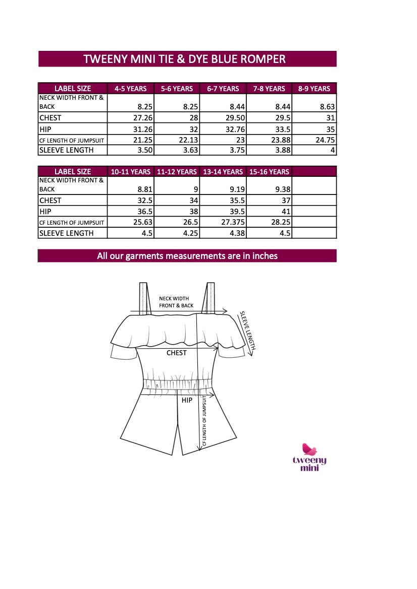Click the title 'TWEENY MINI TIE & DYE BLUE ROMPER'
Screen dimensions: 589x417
point(184,59)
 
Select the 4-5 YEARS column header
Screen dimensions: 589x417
point(130,89)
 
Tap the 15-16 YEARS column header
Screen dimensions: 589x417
point(269,172)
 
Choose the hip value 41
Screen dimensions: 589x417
point(284,212)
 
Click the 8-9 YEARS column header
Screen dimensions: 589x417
point(314,89)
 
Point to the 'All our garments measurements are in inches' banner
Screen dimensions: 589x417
point(187,256)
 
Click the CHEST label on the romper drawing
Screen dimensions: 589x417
point(176,353)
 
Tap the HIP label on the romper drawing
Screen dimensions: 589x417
point(187,400)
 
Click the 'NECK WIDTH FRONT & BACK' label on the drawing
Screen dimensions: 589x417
point(176,302)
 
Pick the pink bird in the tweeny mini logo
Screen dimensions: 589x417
point(309,449)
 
